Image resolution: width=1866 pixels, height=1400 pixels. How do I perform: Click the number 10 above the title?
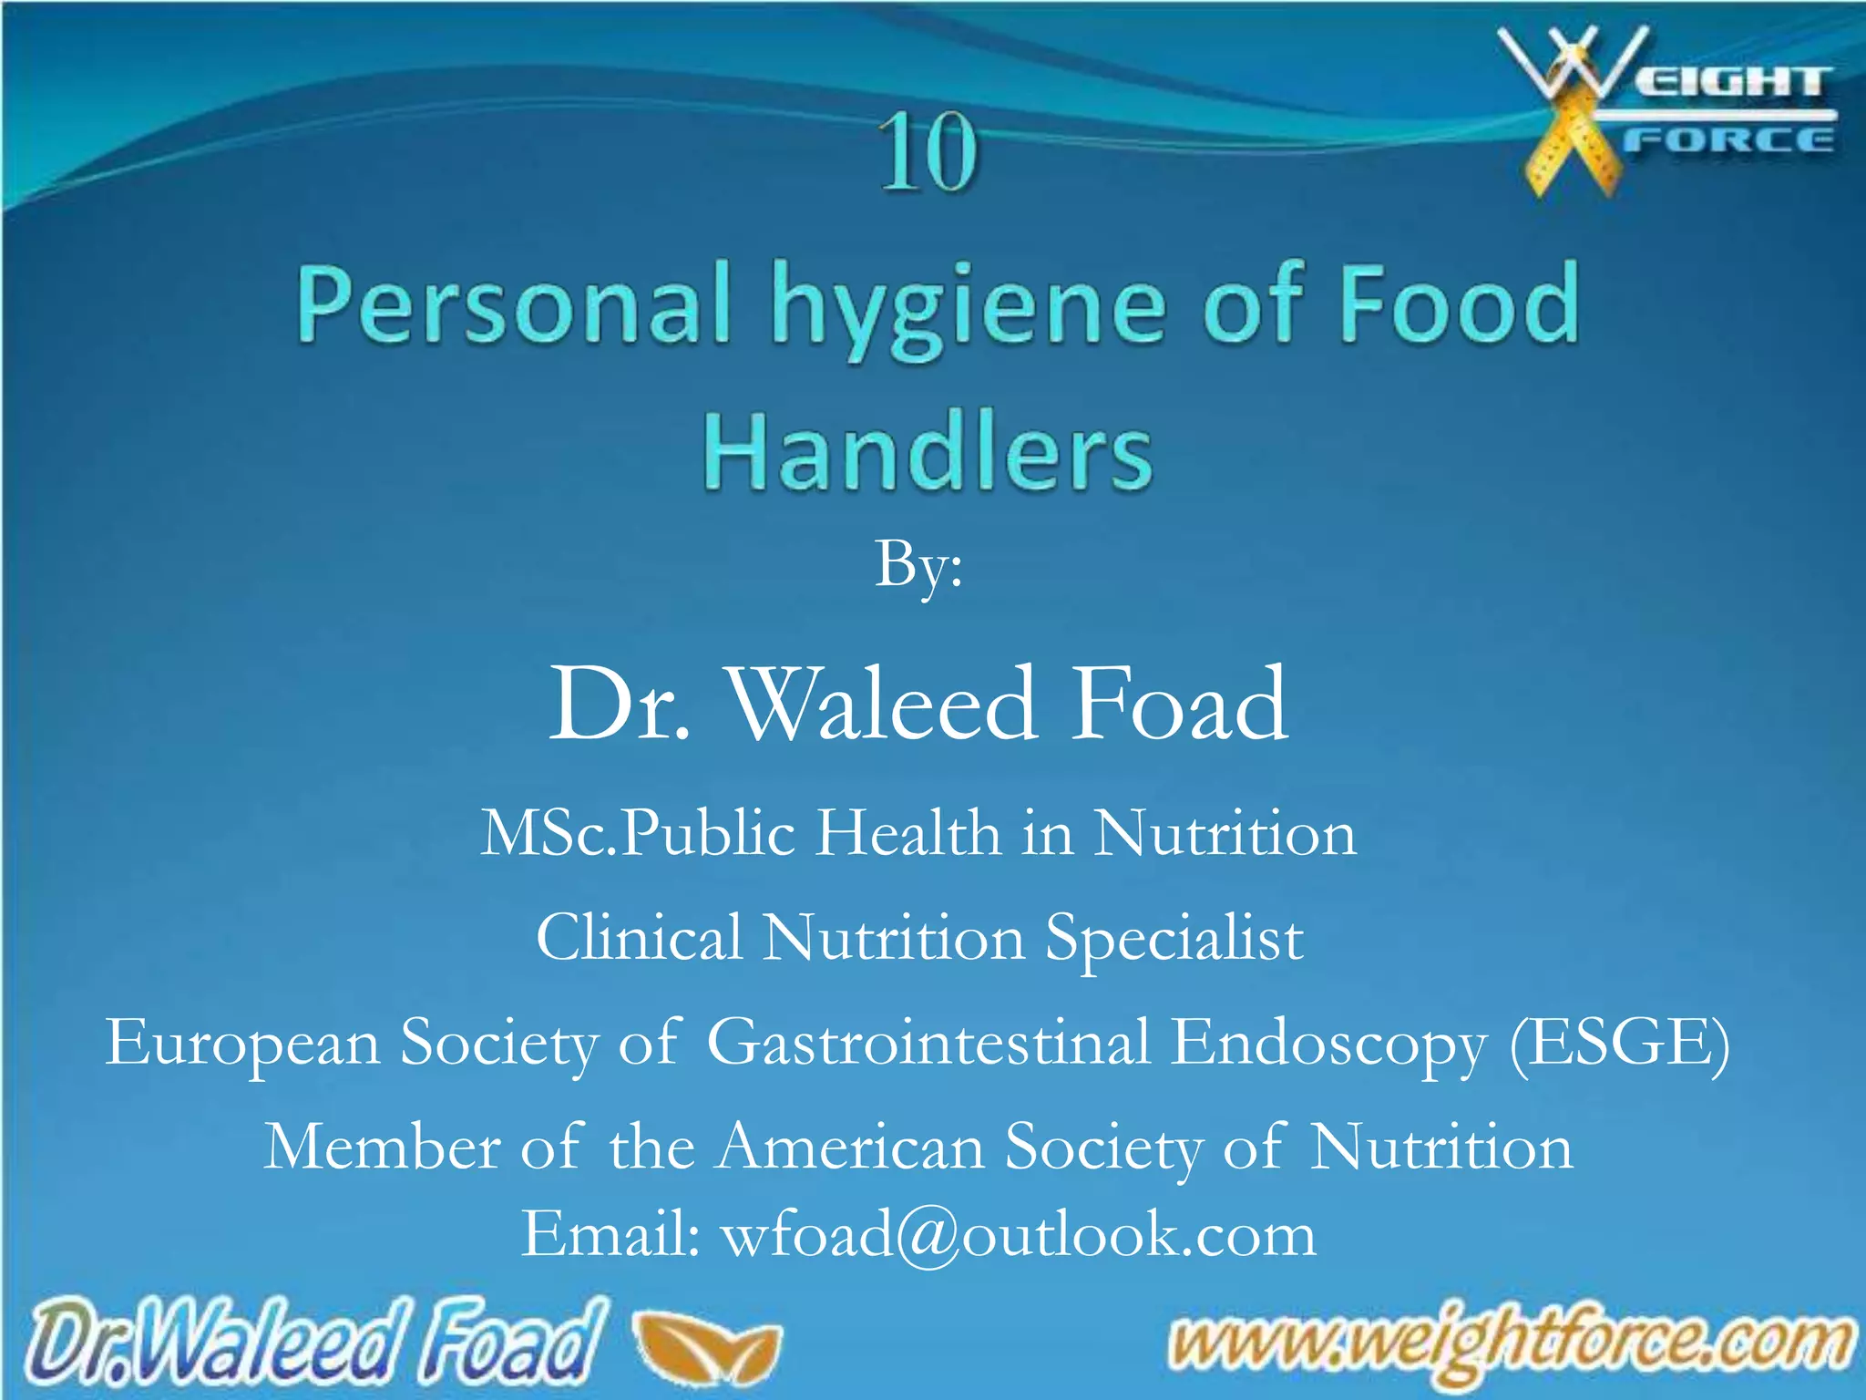(x=928, y=153)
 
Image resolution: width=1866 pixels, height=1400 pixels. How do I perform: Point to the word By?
(x=918, y=565)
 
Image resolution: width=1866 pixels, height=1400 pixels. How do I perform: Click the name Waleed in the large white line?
(x=884, y=704)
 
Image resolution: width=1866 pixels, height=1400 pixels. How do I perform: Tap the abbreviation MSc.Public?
(x=639, y=833)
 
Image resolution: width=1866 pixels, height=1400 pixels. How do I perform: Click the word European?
(x=242, y=1043)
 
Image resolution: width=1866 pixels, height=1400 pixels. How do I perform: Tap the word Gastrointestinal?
(x=928, y=1043)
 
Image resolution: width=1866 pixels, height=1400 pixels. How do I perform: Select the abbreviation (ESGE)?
(x=1620, y=1043)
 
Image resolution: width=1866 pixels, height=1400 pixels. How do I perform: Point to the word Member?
(x=382, y=1147)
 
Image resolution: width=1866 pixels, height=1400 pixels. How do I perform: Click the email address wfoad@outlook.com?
(x=1019, y=1235)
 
